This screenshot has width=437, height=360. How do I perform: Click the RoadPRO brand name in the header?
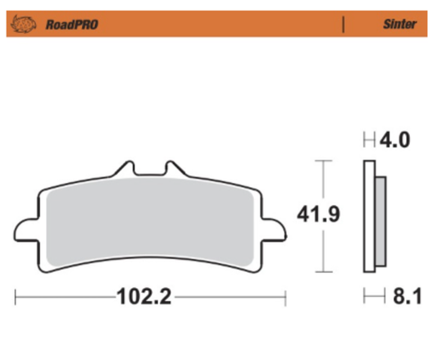pos(72,25)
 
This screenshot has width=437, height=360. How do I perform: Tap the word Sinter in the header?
pos(399,25)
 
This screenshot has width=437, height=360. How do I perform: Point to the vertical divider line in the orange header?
pos(343,25)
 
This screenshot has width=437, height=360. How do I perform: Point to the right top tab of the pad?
pos(172,170)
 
